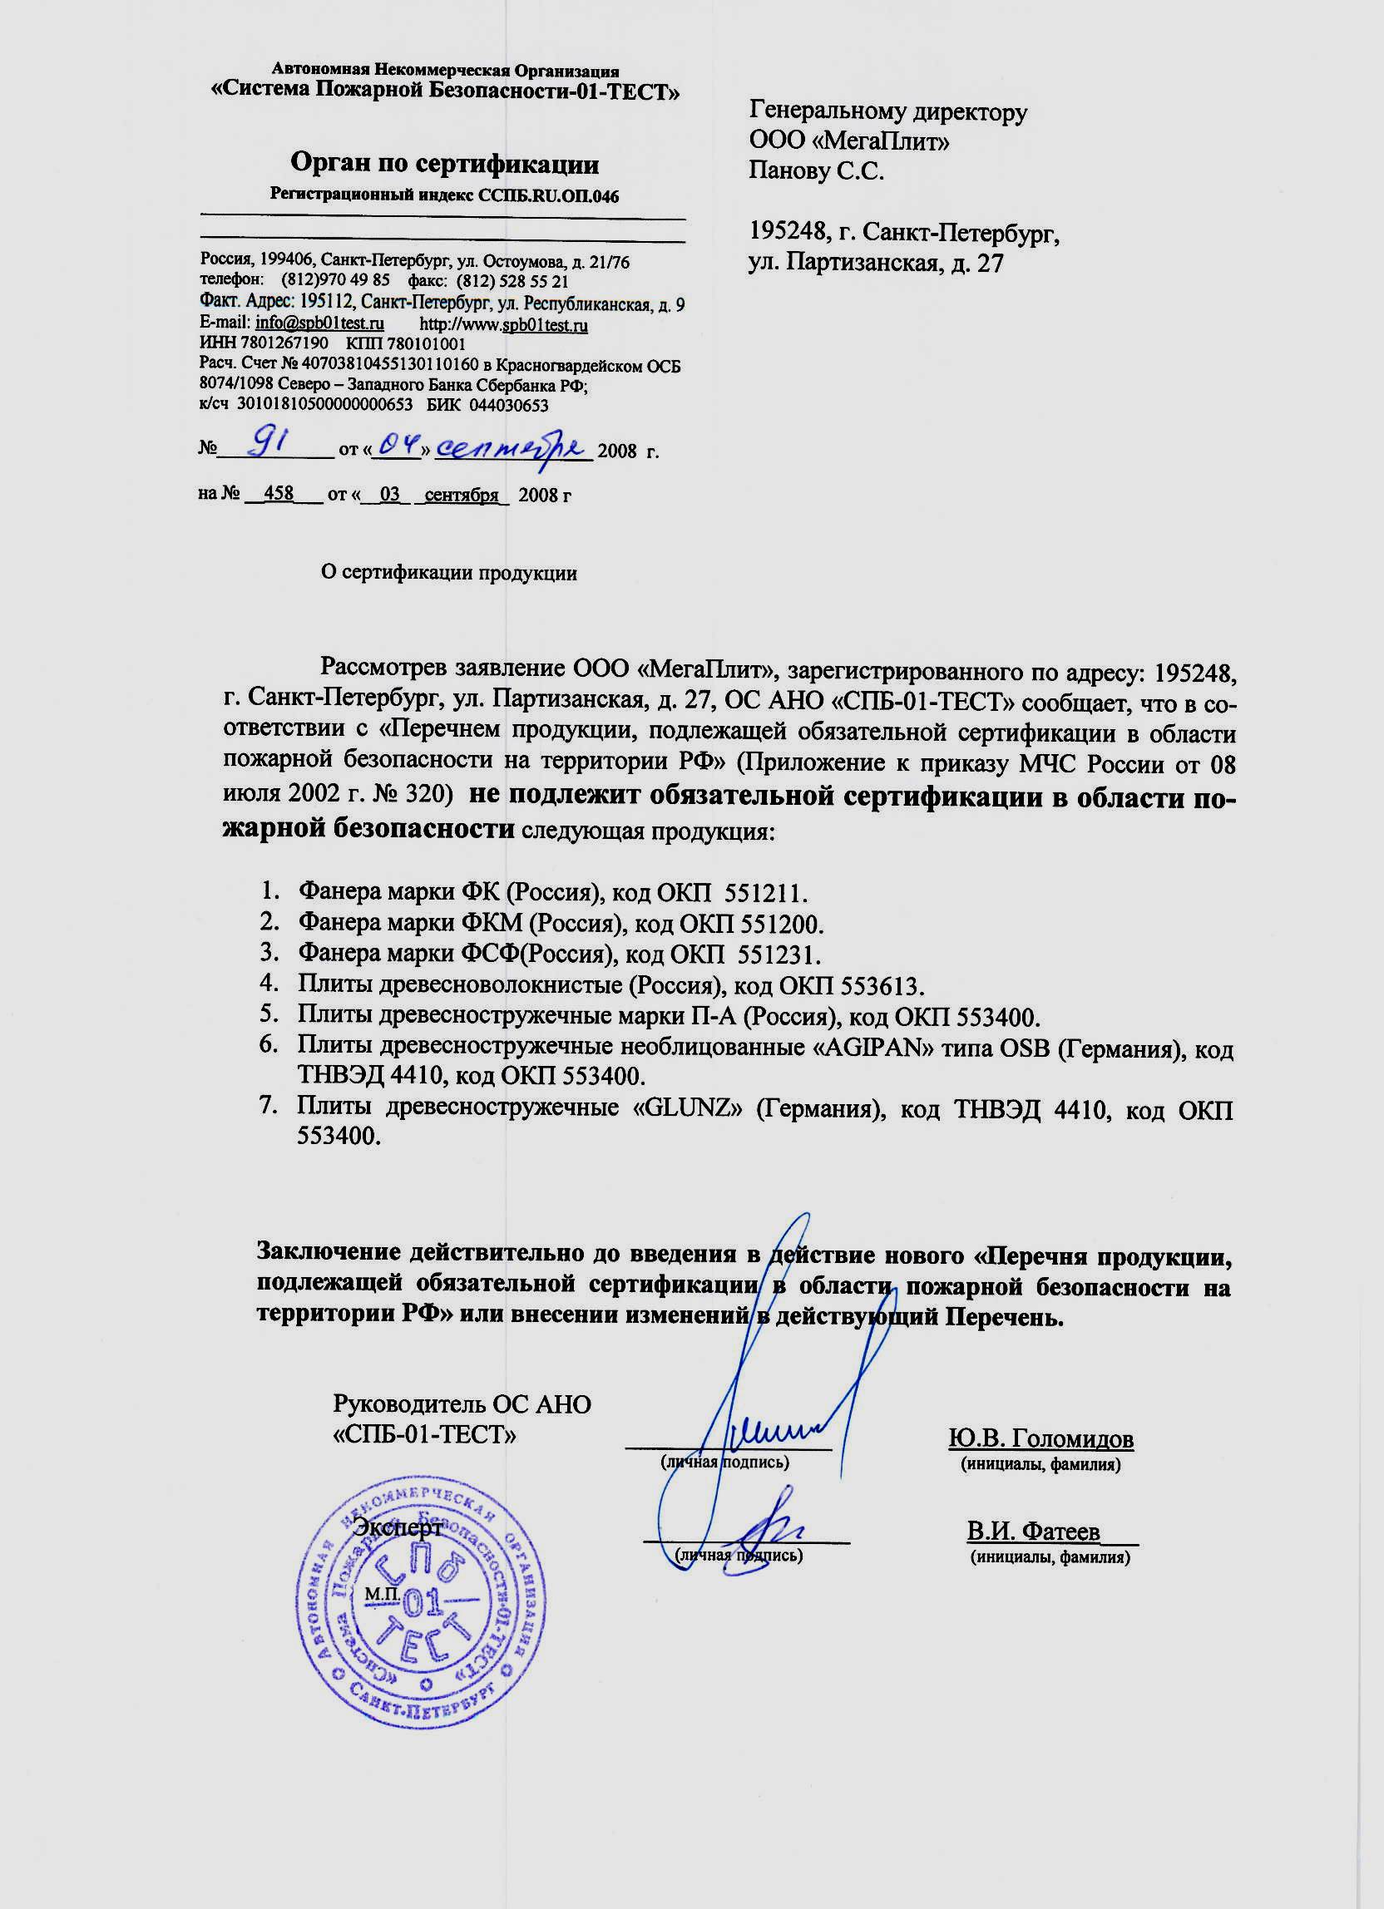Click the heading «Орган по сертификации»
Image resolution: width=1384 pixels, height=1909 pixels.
(444, 162)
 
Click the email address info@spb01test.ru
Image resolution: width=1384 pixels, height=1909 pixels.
(320, 324)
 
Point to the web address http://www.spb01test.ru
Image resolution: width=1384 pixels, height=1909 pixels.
(503, 325)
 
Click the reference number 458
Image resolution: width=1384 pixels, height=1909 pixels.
(278, 493)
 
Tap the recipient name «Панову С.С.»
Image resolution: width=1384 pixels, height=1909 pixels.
(817, 172)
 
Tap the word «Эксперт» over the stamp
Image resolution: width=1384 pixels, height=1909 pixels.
(397, 1527)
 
